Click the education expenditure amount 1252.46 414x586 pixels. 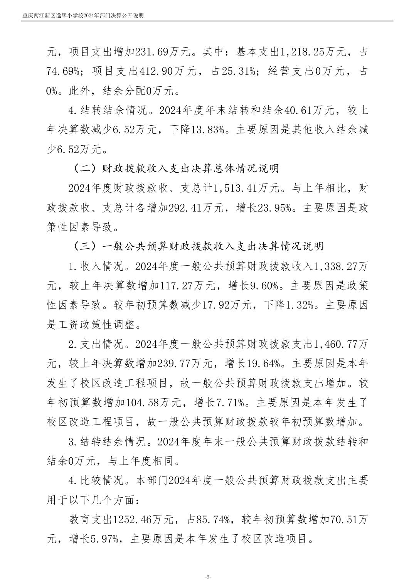(x=132, y=519)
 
